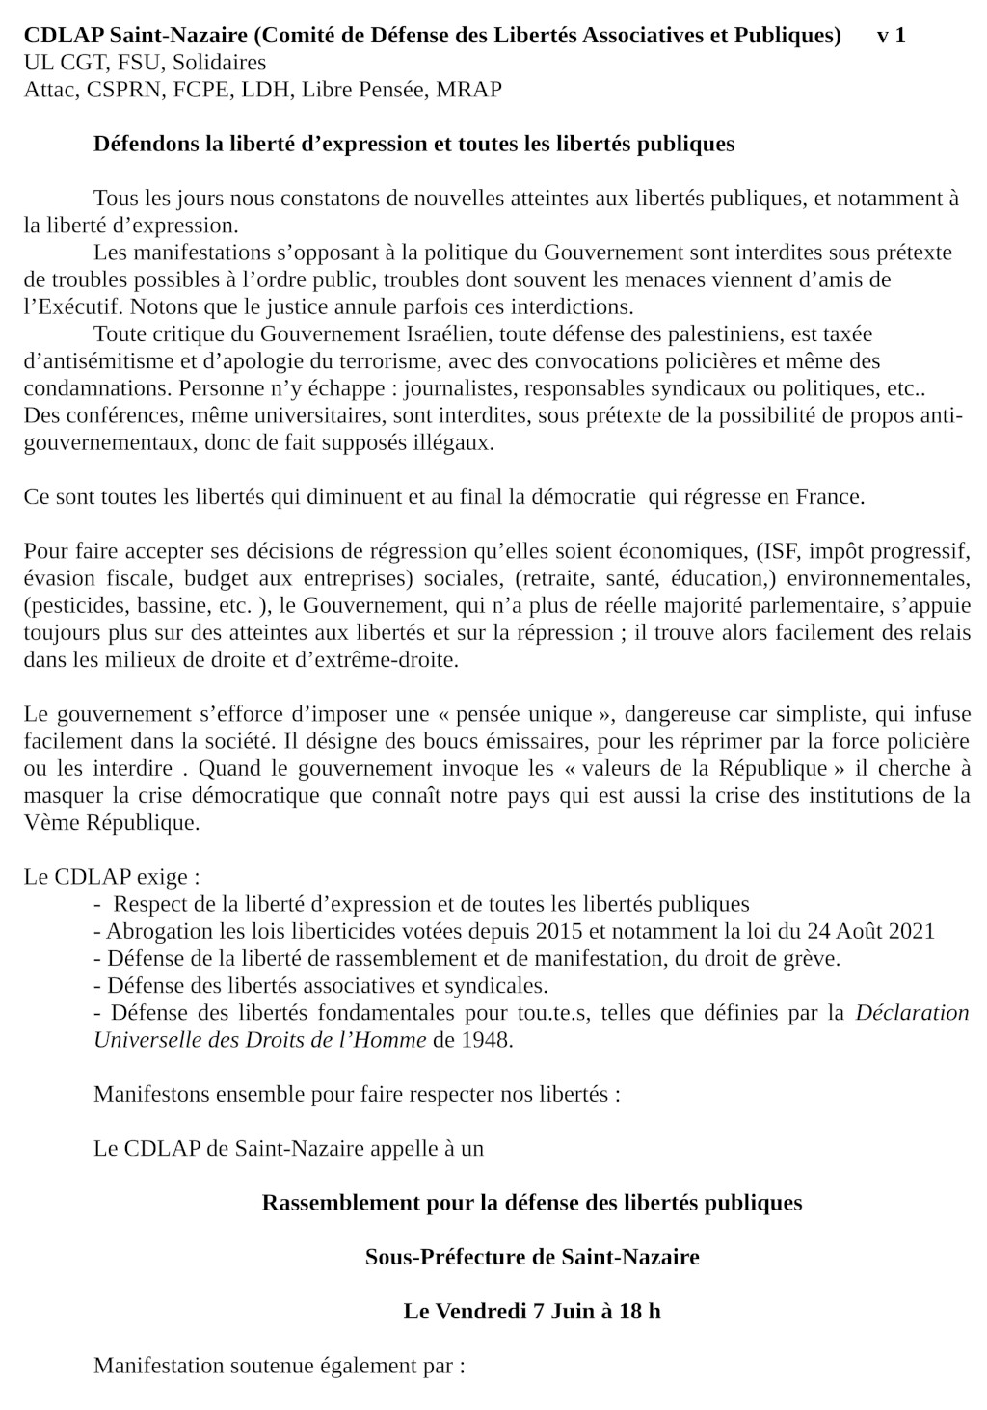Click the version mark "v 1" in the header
click(890, 37)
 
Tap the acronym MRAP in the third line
click(468, 91)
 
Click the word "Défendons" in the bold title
click(141, 145)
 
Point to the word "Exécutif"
click(76, 307)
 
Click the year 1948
click(486, 1041)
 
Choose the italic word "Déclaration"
click(912, 1013)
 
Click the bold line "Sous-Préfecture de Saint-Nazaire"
click(532, 1258)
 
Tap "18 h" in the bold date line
click(640, 1312)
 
